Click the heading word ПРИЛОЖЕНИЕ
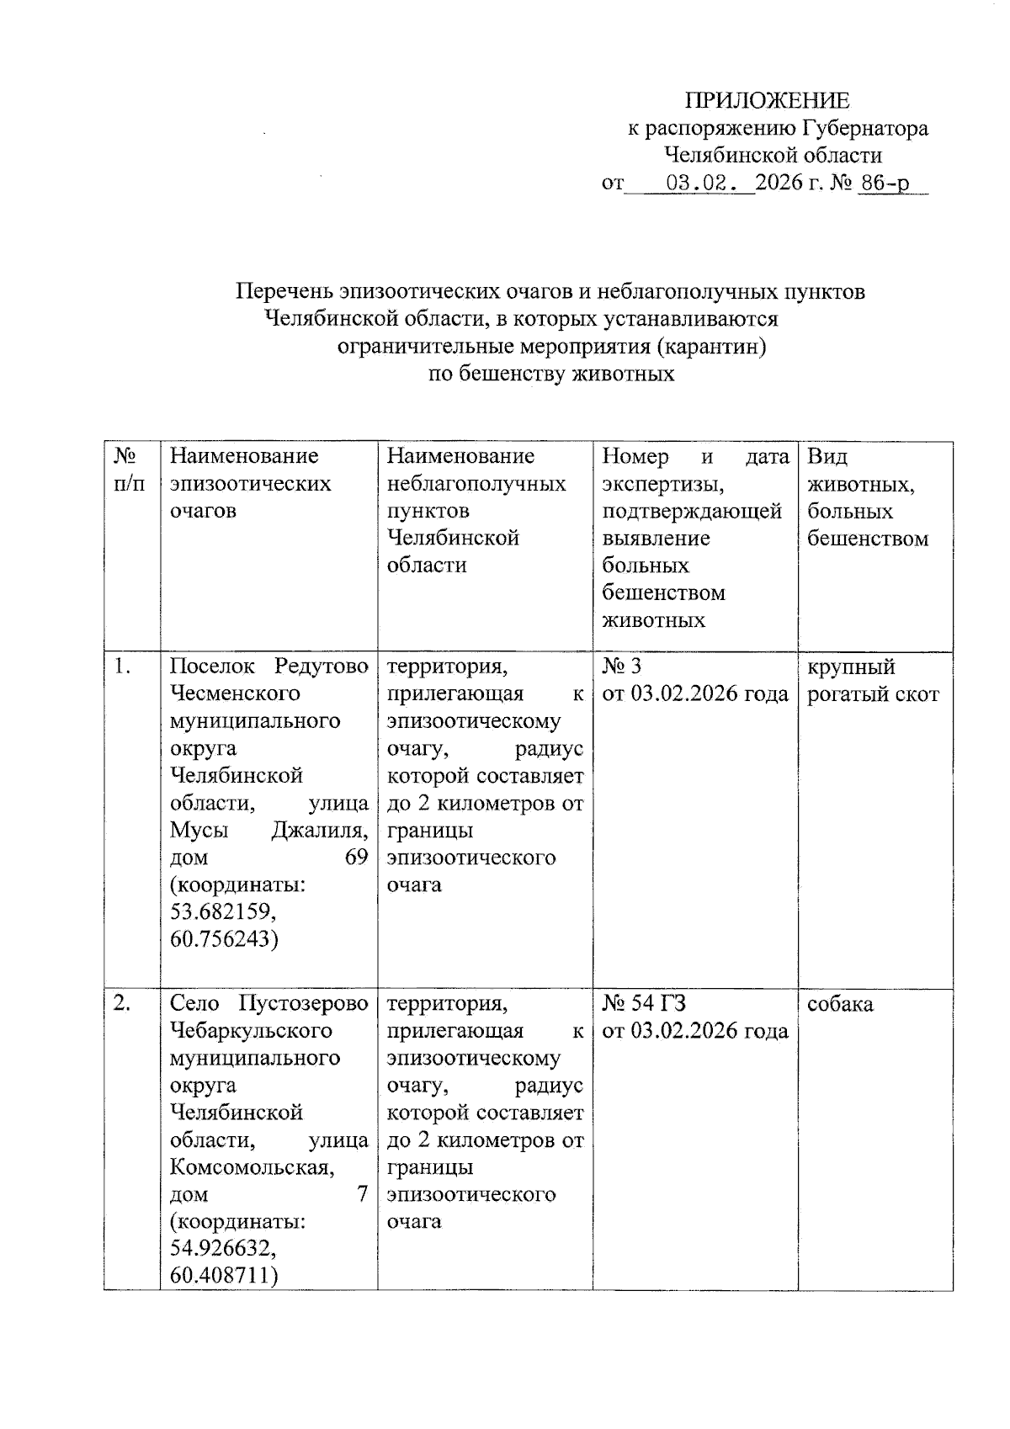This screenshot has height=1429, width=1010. pyautogui.click(x=767, y=101)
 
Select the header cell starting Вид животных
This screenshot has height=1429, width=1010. pyautogui.click(x=867, y=497)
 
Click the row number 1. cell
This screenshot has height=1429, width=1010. pyautogui.click(x=124, y=667)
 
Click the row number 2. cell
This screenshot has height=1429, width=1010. pyautogui.click(x=123, y=1004)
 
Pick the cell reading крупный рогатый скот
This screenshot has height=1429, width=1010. pyautogui.click(x=872, y=681)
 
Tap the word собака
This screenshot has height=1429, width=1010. pyautogui.click(x=840, y=1004)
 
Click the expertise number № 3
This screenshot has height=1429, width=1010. pyautogui.click(x=622, y=667)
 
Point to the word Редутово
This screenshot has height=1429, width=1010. pyautogui.click(x=321, y=667)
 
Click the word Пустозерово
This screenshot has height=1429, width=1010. pyautogui.click(x=304, y=1004)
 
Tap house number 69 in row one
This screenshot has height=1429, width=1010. pyautogui.click(x=356, y=858)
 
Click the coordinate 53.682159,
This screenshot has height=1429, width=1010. pyautogui.click(x=223, y=912)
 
